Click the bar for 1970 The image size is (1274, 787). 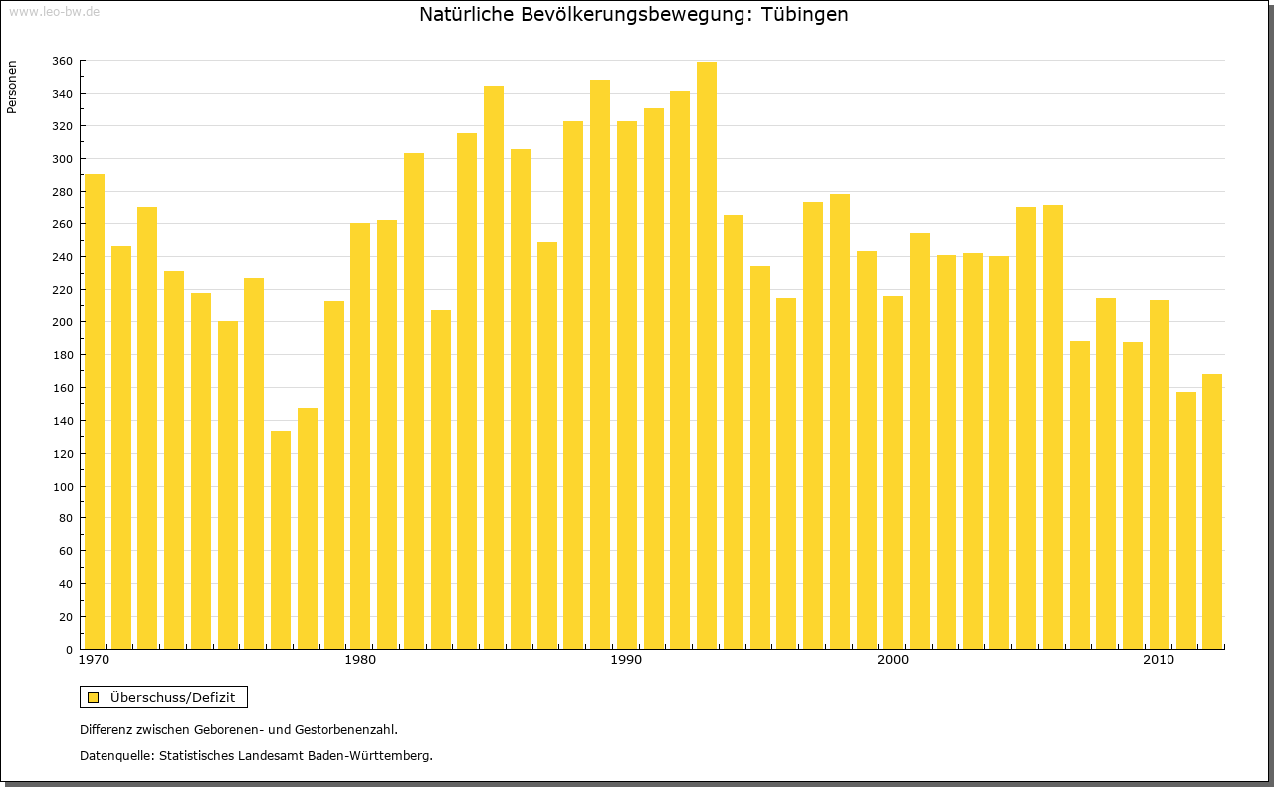point(95,412)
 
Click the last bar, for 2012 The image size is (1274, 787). point(1212,511)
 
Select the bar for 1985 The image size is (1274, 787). point(494,367)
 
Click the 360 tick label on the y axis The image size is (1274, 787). point(62,62)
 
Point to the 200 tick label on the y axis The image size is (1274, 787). point(62,322)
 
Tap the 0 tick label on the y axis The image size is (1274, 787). point(69,650)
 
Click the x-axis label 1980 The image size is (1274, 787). point(360,661)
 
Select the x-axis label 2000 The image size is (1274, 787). point(893,661)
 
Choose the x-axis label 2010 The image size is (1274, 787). point(1159,661)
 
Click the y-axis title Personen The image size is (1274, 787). point(12,88)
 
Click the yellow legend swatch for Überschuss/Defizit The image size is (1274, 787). point(94,697)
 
